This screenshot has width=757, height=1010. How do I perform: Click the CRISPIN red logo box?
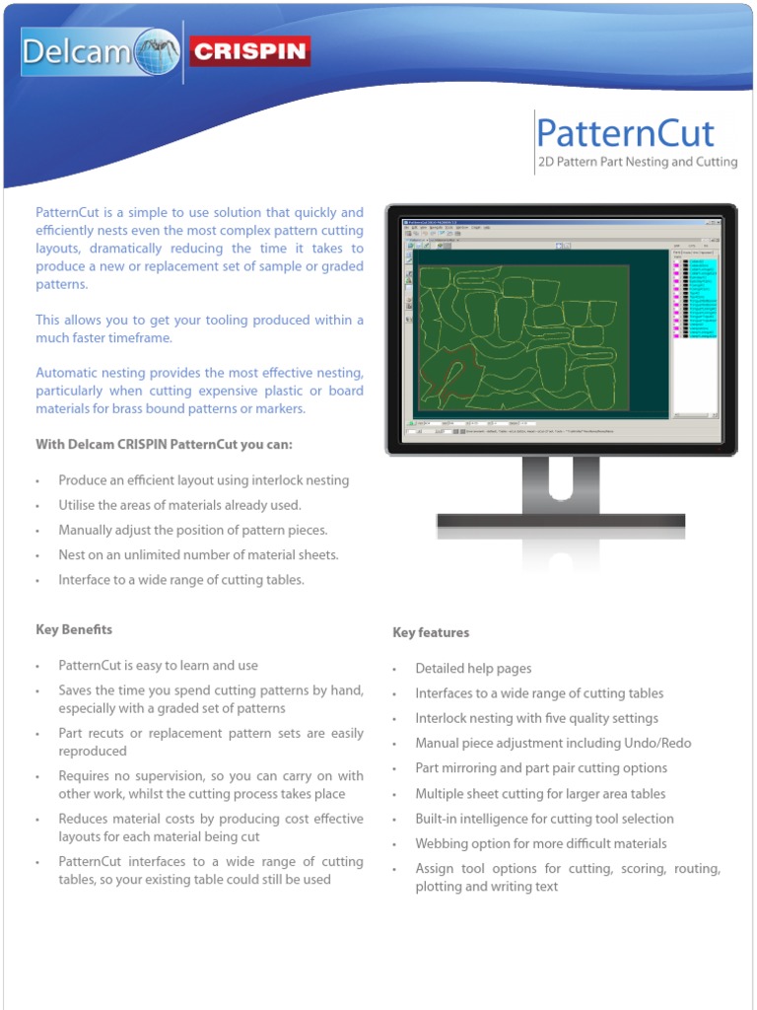[x=248, y=51]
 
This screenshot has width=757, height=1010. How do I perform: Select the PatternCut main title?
[x=625, y=133]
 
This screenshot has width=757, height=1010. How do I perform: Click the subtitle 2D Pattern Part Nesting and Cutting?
[x=637, y=162]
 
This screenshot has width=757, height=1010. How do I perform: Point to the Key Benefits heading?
[x=74, y=629]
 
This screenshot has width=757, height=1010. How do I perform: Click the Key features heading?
[x=431, y=632]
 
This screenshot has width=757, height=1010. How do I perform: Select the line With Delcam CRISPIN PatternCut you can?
[x=164, y=444]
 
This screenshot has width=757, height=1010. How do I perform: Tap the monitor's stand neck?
[x=560, y=485]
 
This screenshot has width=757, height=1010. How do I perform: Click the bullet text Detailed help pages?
[x=473, y=669]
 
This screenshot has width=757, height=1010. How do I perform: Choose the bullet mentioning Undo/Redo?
[x=553, y=744]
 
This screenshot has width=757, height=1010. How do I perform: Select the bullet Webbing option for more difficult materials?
[x=540, y=843]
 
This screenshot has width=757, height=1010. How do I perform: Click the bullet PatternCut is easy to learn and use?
[x=158, y=666]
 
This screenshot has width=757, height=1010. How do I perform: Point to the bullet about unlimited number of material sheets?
[x=198, y=555]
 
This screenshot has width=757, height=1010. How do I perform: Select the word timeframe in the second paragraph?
[x=140, y=337]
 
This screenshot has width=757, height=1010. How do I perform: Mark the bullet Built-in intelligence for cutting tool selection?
[x=544, y=819]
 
